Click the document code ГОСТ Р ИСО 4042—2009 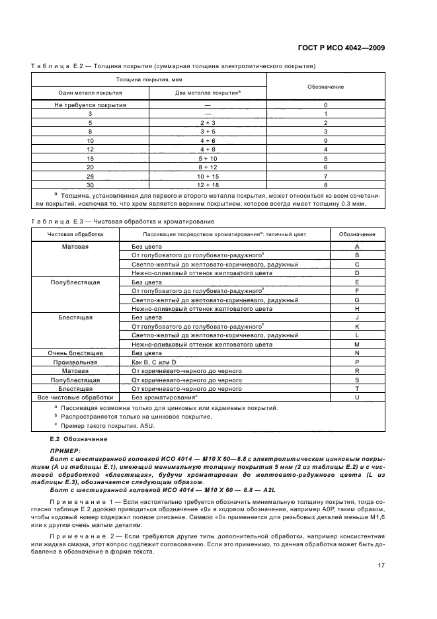tap(342, 48)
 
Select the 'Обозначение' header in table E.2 tap(326, 87)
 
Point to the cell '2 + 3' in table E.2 tap(208, 123)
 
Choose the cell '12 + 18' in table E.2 tap(208, 185)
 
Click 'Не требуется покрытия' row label tap(90, 105)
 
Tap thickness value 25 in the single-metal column tap(90, 176)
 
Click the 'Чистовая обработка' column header tap(75, 234)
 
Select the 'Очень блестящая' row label tap(75, 353)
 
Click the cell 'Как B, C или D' tap(155, 362)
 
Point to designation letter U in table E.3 tap(357, 397)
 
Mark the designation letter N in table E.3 tap(357, 353)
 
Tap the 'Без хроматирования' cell tap(165, 397)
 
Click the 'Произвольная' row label tap(75, 362)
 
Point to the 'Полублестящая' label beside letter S tap(75, 380)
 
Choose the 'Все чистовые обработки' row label tap(75, 397)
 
